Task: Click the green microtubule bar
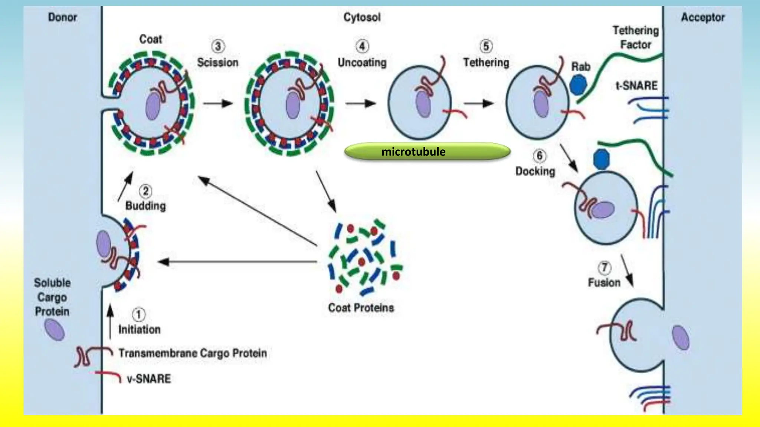coord(427,152)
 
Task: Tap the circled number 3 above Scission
coord(218,46)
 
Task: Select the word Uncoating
coord(362,62)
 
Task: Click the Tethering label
coord(486,62)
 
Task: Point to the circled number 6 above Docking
coord(539,156)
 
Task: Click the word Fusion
coord(604,283)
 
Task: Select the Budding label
coord(145,206)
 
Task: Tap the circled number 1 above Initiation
coord(138,315)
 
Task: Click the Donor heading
coord(62,17)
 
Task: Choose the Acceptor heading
coord(702,17)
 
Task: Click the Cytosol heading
coord(362,17)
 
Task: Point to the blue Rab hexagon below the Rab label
coord(578,85)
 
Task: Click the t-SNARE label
coord(636,86)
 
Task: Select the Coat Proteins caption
coord(361,308)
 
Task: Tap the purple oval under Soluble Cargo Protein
coord(54,330)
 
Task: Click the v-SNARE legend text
coord(148,379)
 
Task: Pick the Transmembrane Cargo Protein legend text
coord(193,353)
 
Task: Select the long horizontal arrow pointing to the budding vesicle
coord(237,262)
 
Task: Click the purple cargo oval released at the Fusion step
coord(681,337)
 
